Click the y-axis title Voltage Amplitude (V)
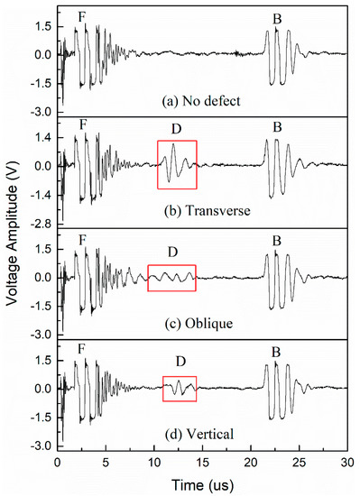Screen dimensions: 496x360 [11, 236]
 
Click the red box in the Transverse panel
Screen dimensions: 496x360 [176, 165]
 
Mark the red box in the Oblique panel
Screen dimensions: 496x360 [171, 278]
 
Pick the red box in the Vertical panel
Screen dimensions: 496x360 [179, 389]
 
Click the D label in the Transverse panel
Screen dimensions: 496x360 [176, 130]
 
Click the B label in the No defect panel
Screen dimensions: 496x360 [278, 17]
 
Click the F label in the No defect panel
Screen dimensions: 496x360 [82, 15]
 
